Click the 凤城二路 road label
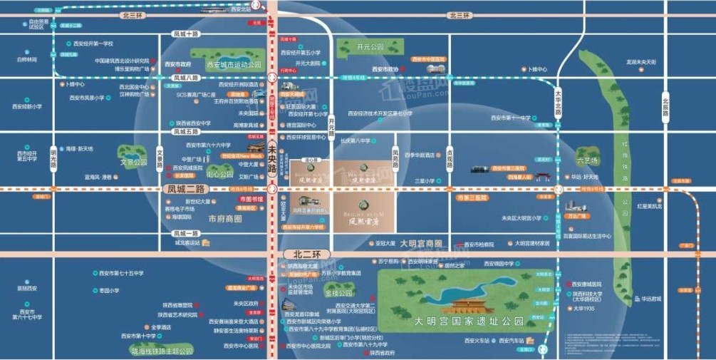[185, 189]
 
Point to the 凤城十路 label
[186, 34]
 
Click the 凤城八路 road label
[186, 78]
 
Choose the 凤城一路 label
[186, 233]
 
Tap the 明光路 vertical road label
[53, 158]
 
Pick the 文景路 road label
[160, 158]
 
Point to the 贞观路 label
[450, 158]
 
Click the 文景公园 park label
[133, 162]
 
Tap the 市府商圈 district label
[225, 219]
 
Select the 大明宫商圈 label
[423, 243]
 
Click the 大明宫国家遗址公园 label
[469, 322]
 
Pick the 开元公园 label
[370, 47]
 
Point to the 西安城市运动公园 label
[234, 65]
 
